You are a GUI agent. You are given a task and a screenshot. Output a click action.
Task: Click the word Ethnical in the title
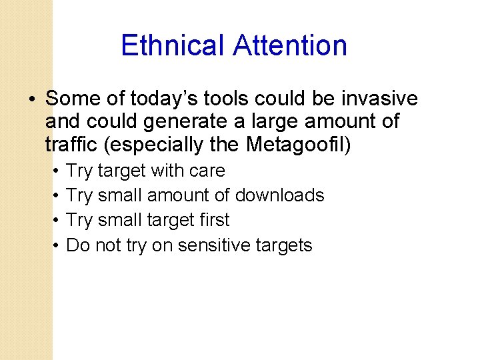coord(173,46)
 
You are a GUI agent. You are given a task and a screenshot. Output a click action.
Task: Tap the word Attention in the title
coord(290,46)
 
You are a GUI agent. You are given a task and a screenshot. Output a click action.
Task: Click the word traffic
coord(69,143)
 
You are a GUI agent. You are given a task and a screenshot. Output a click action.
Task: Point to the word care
coord(207,171)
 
